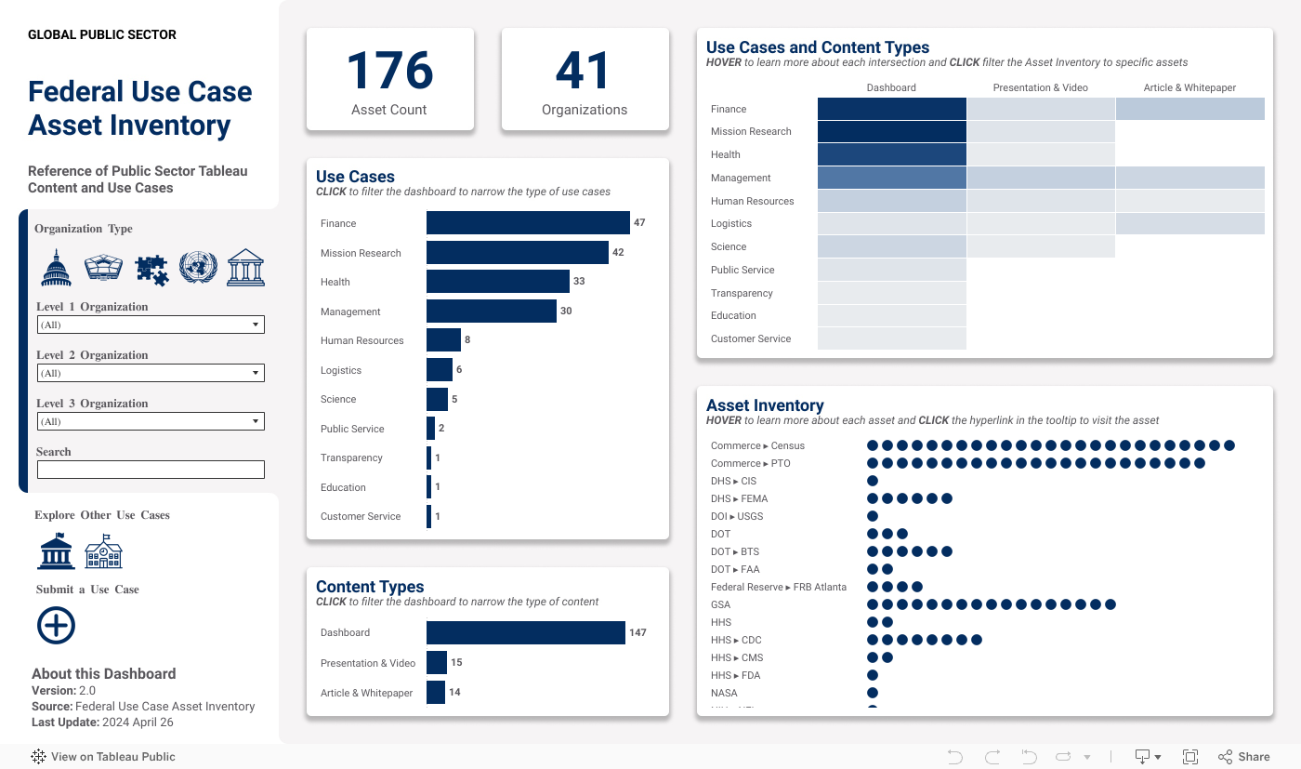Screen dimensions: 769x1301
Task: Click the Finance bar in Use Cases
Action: [x=528, y=223]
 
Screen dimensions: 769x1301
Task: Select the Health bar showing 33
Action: [x=498, y=282]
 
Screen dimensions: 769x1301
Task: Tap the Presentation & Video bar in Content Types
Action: [x=437, y=663]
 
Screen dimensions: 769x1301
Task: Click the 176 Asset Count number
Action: [x=389, y=72]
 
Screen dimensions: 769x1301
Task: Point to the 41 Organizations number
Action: [x=584, y=72]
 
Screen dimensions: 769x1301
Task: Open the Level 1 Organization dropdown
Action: [x=151, y=325]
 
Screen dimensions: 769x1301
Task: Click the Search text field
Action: [x=151, y=470]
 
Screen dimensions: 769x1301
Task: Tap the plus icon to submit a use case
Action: [x=56, y=626]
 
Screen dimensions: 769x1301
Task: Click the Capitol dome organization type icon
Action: [x=56, y=268]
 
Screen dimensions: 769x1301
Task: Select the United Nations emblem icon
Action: [x=198, y=268]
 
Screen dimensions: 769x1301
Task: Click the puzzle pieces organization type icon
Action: [x=151, y=269]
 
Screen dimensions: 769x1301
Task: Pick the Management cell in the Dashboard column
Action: [x=892, y=178]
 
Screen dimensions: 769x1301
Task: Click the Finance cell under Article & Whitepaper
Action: [x=1189, y=109]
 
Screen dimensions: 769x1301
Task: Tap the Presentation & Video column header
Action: [x=1040, y=87]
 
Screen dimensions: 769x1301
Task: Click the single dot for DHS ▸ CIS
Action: [x=873, y=481]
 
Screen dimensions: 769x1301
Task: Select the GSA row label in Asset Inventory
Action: [x=720, y=604]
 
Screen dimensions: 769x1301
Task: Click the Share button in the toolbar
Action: [x=1244, y=757]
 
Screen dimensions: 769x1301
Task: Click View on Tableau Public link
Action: [x=103, y=757]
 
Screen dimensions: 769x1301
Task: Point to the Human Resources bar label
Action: [x=362, y=340]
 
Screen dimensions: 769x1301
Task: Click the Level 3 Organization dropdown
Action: [x=151, y=421]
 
